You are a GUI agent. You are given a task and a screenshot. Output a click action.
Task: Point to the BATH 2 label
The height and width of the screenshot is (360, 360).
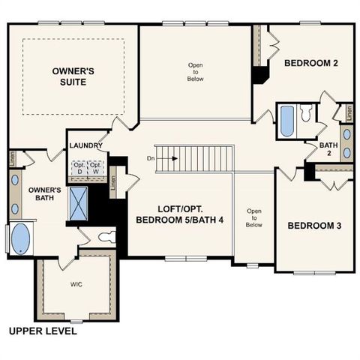tap(328, 148)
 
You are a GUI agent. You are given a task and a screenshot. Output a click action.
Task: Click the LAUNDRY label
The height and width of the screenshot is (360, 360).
tap(85, 145)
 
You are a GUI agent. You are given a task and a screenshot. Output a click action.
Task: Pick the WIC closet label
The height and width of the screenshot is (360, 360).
tap(76, 285)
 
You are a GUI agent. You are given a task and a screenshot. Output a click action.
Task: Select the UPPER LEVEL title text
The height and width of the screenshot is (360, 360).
tap(42, 330)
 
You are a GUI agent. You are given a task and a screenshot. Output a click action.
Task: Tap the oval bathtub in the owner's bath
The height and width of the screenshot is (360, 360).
tap(20, 240)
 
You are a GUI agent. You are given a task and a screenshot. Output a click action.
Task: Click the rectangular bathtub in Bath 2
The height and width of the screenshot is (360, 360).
tap(286, 121)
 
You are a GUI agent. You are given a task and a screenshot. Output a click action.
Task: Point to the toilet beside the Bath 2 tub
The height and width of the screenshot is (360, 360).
tap(305, 114)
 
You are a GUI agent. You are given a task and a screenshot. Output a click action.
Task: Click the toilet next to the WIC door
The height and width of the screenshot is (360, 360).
tap(104, 238)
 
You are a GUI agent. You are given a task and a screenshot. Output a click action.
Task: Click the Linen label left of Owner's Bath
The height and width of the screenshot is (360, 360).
tap(13, 159)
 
